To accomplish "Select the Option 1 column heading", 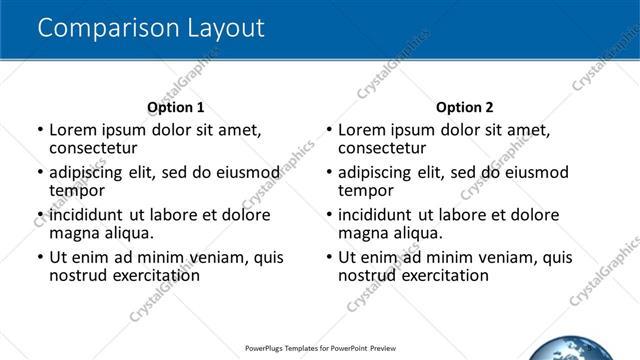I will [x=175, y=107].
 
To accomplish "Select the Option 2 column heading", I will [x=464, y=107].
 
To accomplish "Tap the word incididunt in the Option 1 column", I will [x=88, y=215].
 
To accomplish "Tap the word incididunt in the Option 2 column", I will [x=377, y=215].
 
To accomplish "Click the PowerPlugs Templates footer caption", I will [x=320, y=349].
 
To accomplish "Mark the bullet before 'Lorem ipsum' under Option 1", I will [x=40, y=130].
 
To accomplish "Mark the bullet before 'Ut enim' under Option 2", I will [x=329, y=257].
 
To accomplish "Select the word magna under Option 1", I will [x=72, y=233].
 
